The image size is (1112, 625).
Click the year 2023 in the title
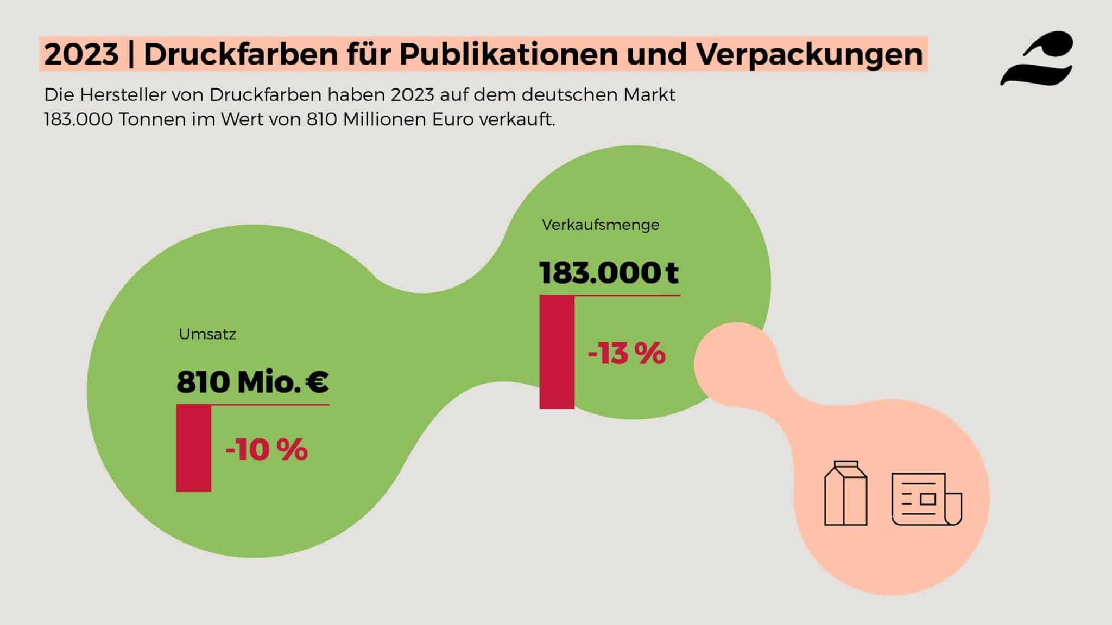[81, 54]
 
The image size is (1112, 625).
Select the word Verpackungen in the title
[810, 54]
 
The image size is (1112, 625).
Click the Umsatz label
[207, 334]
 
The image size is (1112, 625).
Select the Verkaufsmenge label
[601, 225]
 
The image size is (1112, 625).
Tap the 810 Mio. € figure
[252, 382]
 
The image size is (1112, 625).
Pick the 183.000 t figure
[609, 273]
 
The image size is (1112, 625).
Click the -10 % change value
[266, 450]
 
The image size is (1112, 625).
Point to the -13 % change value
[626, 354]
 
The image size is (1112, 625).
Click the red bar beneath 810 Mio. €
[194, 448]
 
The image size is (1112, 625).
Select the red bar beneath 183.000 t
[557, 352]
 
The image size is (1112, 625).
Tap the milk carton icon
[845, 493]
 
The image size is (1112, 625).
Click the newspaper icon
[926, 499]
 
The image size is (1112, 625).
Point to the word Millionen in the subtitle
[385, 119]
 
